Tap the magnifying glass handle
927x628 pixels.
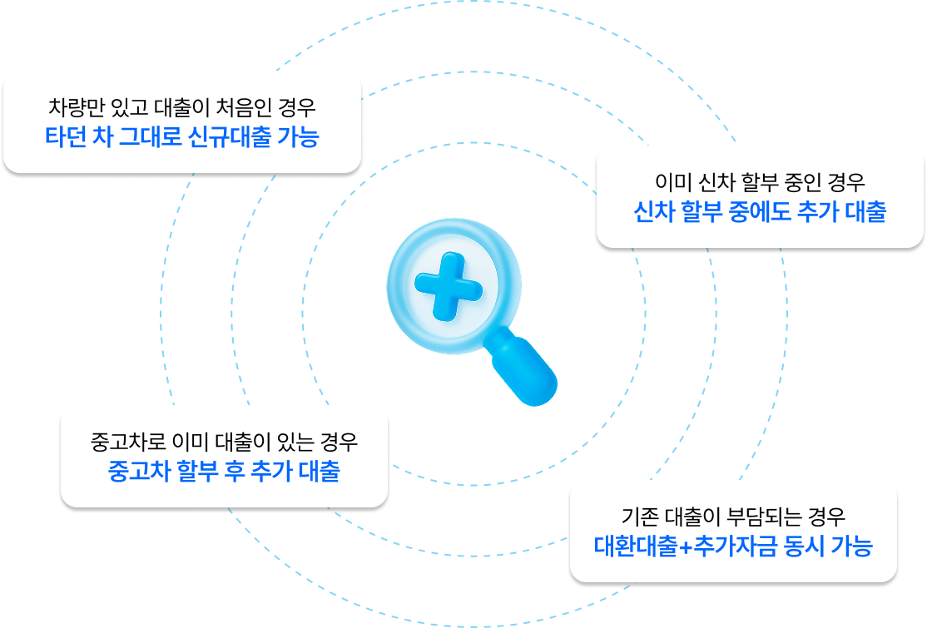point(524,369)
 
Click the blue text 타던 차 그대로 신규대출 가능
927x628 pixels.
point(181,136)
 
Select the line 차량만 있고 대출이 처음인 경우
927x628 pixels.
point(182,108)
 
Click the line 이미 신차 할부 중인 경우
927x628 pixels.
point(761,182)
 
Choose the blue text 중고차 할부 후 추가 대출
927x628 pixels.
point(224,471)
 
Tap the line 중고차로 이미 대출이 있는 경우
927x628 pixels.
point(224,442)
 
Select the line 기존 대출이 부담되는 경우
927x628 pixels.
point(733,517)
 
